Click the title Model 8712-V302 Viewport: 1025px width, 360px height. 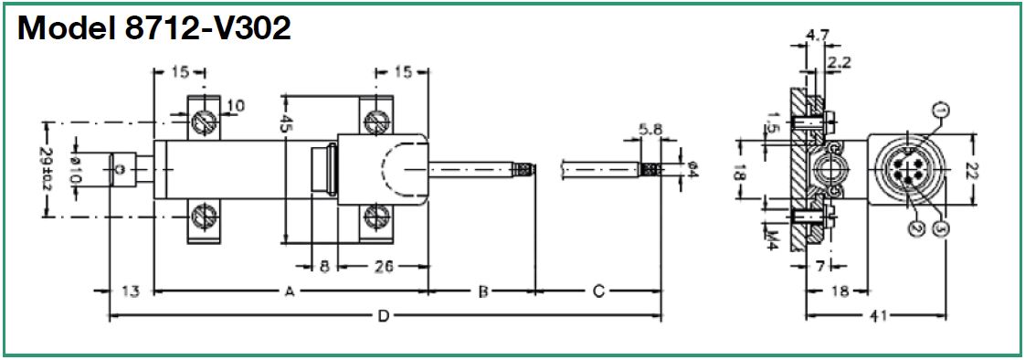tap(154, 29)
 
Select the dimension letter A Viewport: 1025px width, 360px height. tap(289, 292)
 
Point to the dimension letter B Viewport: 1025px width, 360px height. tap(482, 292)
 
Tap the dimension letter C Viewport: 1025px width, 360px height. tap(597, 292)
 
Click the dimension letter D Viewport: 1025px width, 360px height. tap(385, 317)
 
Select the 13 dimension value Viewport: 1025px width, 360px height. tap(131, 292)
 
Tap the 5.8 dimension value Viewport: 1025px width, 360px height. tap(650, 130)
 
